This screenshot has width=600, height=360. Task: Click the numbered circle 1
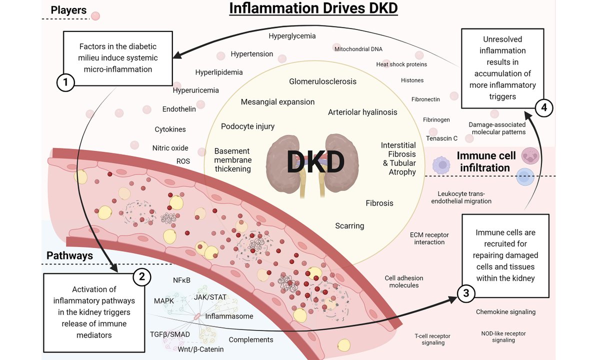coord(65,81)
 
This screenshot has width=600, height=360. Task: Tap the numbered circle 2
coord(141,275)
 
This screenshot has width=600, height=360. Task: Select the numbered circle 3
coord(466,294)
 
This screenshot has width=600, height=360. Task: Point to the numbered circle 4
coord(544,106)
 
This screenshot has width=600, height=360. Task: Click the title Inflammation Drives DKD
coord(313,9)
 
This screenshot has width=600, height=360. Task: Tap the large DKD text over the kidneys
coord(315,161)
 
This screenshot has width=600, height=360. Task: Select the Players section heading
coord(68,10)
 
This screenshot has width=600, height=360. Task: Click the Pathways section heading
coord(69,255)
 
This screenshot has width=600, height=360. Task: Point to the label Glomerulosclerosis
coord(322,81)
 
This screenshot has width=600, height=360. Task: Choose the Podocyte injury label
coord(247,126)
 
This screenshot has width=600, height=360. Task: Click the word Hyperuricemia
coord(195,90)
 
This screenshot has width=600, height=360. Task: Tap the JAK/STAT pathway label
coord(210,296)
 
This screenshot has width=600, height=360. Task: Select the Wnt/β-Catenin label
coord(200,349)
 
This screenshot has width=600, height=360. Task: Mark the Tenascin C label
coord(441,138)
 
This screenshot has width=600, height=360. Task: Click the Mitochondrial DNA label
coord(358,49)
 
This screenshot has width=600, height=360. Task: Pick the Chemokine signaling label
coord(505,312)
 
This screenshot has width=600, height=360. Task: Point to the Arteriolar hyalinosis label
coord(362,112)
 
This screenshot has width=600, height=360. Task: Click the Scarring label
coord(349,225)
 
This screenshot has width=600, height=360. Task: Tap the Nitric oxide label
coord(170,148)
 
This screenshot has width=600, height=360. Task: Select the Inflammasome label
coord(229,316)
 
